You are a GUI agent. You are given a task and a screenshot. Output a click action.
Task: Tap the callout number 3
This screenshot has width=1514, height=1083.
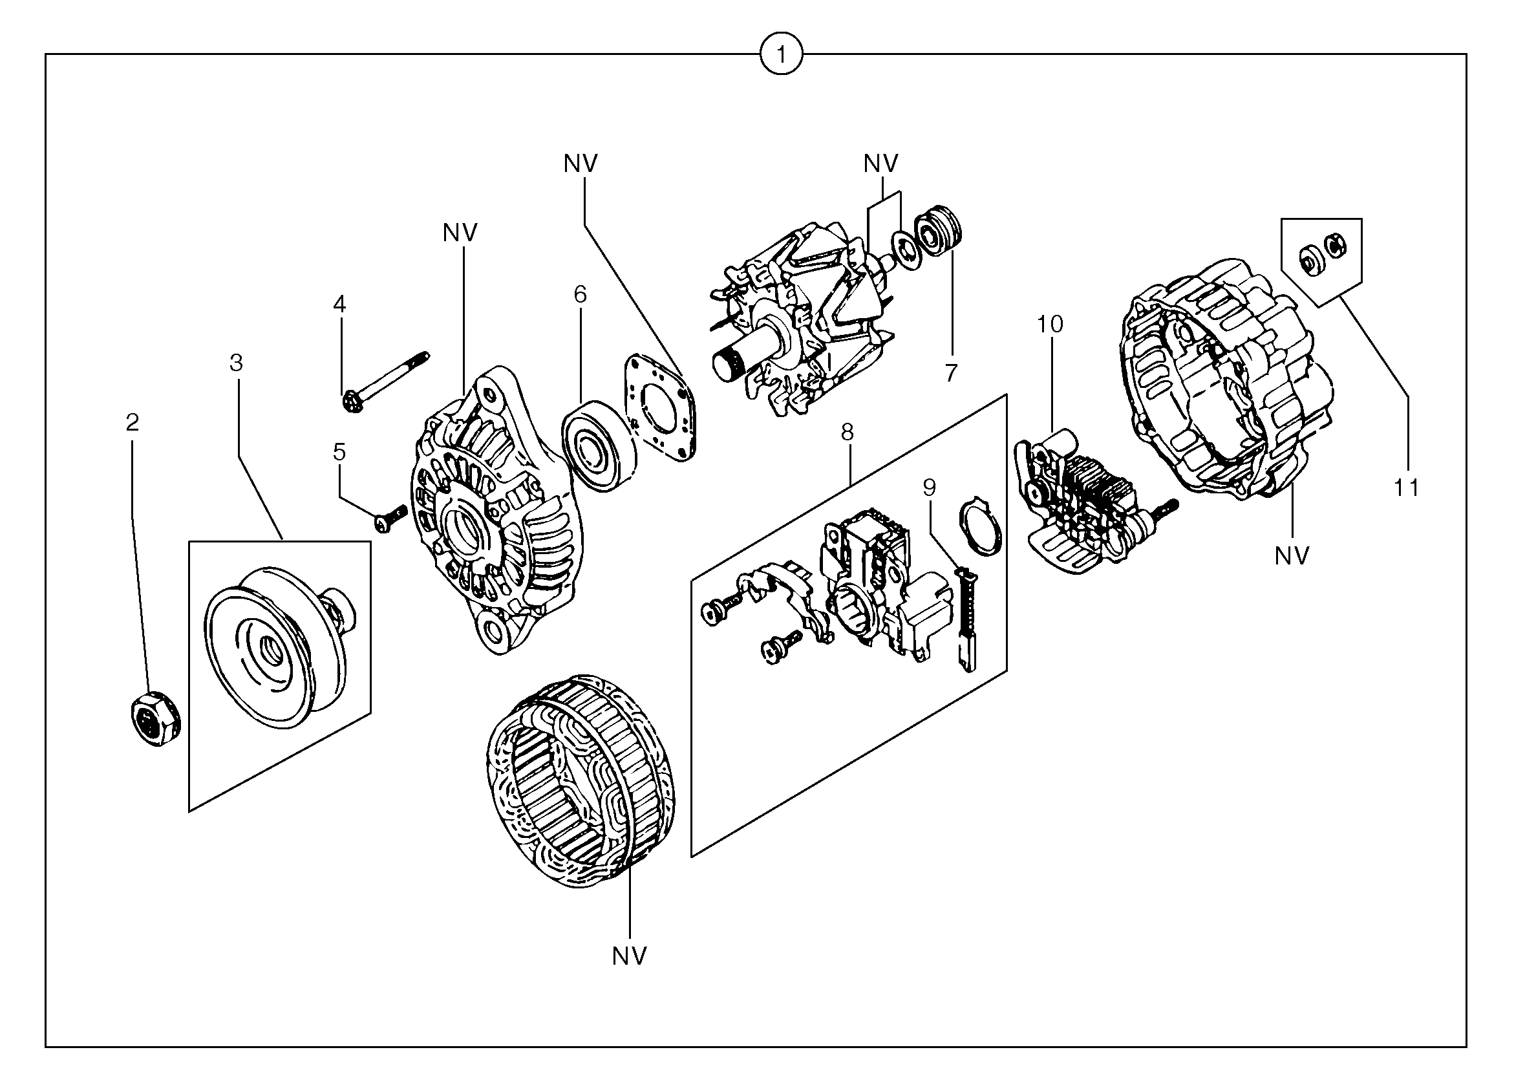pos(236,363)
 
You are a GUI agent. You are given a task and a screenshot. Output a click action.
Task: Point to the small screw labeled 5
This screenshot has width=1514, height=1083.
pos(390,519)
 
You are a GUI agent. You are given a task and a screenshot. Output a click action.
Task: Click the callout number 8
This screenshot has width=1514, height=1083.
pos(847,433)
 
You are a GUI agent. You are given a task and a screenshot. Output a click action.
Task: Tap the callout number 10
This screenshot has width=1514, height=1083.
pos(1049,325)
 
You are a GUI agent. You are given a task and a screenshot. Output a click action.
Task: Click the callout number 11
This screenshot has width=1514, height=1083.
pos(1407,489)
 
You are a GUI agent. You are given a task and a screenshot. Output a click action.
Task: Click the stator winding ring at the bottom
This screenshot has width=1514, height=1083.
pos(579,780)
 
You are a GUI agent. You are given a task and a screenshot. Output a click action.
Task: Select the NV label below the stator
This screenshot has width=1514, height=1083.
pos(630,957)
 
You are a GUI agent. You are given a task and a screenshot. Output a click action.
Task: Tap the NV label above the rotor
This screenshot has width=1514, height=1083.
pos(880,164)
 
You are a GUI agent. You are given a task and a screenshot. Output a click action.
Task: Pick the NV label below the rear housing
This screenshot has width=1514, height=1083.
pos(1292,556)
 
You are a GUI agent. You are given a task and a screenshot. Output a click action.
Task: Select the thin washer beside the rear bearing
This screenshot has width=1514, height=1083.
pos(907,250)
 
